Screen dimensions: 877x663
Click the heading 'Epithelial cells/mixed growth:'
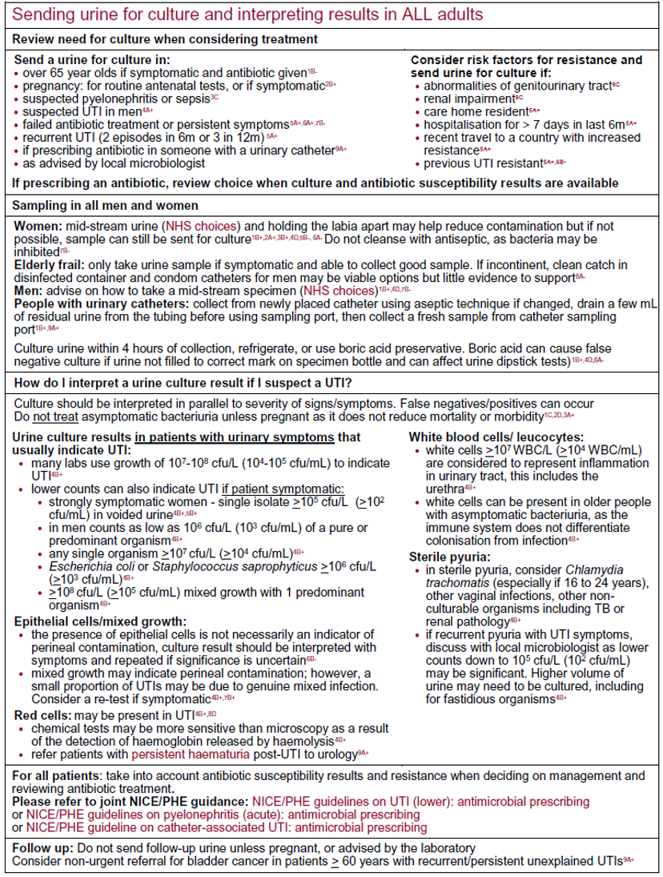tap(101, 620)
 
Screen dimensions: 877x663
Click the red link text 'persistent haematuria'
tap(188, 754)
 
